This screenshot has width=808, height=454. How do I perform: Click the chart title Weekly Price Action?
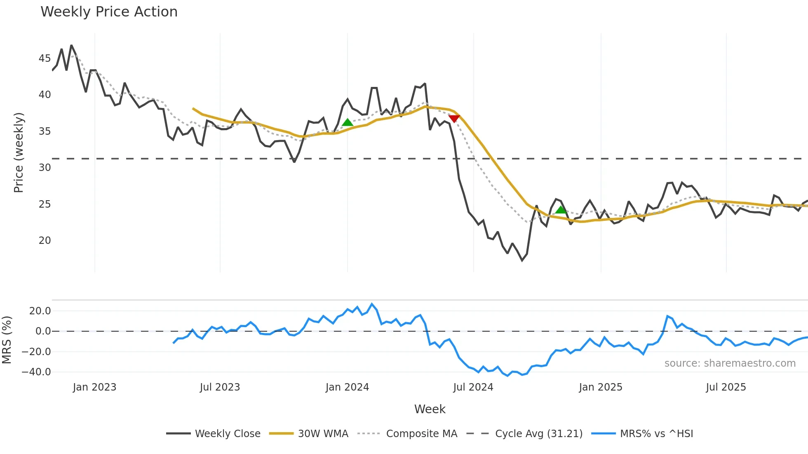click(109, 12)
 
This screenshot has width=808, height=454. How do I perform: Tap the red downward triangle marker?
click(454, 119)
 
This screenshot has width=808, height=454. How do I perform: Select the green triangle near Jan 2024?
click(348, 122)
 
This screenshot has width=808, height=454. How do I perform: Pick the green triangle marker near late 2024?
click(561, 210)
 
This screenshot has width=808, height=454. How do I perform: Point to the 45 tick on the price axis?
click(45, 59)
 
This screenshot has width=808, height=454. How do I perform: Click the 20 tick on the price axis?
click(45, 241)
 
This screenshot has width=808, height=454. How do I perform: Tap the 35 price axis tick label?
click(45, 131)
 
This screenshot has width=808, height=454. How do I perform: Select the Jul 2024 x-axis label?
click(473, 387)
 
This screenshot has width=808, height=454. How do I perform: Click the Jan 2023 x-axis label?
click(94, 387)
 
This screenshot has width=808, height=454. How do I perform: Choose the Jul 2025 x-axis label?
click(726, 387)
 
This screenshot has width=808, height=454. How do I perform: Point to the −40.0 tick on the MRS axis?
click(36, 372)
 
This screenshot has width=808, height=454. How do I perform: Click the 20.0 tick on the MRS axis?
click(40, 311)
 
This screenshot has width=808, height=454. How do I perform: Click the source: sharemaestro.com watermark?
click(730, 363)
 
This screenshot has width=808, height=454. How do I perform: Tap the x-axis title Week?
click(430, 409)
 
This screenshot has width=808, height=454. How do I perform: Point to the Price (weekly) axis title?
click(19, 152)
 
